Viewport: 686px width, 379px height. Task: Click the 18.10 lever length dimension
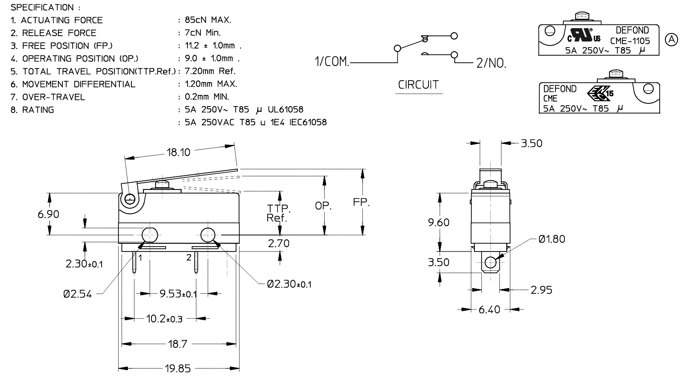[x=178, y=152]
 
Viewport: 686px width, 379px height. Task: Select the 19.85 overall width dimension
[x=178, y=369]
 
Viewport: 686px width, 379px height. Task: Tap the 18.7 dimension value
[x=178, y=344]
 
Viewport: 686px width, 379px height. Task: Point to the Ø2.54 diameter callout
[x=77, y=294]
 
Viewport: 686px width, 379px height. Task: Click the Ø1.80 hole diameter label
[x=551, y=239]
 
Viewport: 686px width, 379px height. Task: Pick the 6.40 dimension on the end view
[x=489, y=309]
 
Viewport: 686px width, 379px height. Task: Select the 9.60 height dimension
[x=439, y=222]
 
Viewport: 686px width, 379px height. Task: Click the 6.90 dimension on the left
[x=48, y=214]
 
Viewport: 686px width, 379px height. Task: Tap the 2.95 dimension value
[x=541, y=290]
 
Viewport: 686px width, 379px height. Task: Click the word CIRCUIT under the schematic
[x=418, y=85]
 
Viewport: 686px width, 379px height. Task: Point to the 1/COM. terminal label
[x=332, y=62]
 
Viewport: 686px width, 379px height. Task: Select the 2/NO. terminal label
[x=491, y=64]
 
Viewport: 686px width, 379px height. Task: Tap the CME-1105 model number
[x=630, y=41]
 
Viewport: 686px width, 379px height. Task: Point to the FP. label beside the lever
[x=361, y=202]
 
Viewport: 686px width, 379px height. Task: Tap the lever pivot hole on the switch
[x=130, y=199]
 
